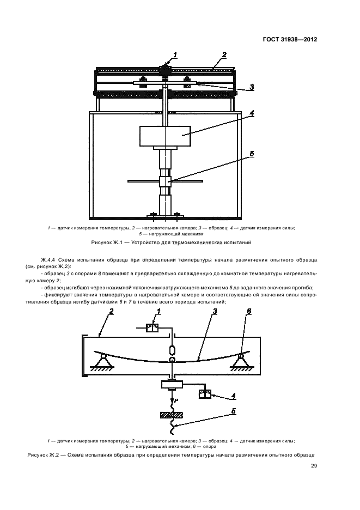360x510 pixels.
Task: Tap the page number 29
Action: coord(314,465)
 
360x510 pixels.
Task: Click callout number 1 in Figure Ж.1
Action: coord(175,54)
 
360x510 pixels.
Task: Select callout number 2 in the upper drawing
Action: coord(224,54)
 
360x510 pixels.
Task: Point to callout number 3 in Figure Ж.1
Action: coord(252,87)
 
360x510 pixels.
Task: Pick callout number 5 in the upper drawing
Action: coord(252,154)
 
